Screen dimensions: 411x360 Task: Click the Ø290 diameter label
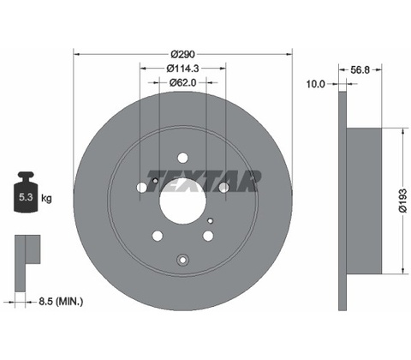pos(183,54)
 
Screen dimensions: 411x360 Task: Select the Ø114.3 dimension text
pos(183,69)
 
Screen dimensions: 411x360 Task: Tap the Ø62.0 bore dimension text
pos(183,82)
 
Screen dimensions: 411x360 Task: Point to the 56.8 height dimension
pos(360,69)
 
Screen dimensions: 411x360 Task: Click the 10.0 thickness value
pos(315,84)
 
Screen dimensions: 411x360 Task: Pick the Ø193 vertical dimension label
pos(402,201)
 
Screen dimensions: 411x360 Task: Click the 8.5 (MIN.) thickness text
pos(61,302)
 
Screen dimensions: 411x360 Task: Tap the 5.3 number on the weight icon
pos(26,197)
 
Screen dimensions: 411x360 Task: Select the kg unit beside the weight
pos(46,198)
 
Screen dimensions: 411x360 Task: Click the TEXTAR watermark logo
pos(203,181)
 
